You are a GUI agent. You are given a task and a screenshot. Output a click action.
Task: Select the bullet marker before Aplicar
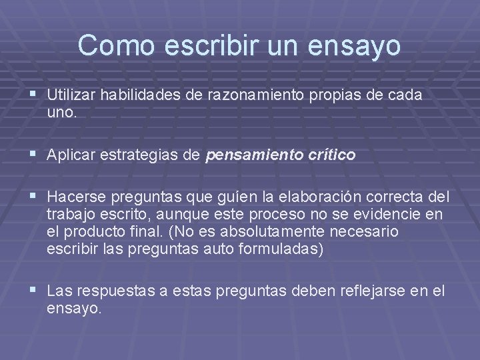33,155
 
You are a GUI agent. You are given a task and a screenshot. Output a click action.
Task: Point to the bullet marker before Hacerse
33,198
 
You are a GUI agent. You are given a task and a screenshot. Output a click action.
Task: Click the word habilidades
142,96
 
